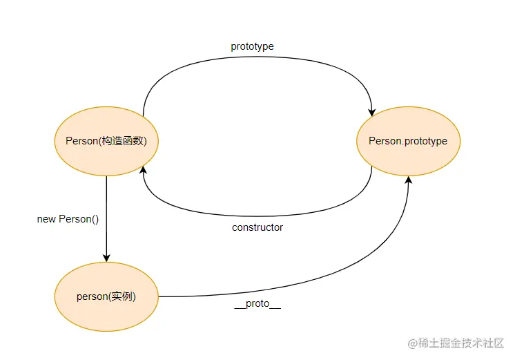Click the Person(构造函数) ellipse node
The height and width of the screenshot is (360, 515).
pos(106,141)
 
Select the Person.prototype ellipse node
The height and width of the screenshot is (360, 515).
pos(407,141)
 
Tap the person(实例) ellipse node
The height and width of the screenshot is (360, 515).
pos(106,296)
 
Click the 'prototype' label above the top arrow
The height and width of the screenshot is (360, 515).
pos(252,46)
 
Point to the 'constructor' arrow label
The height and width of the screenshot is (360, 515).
pos(257,227)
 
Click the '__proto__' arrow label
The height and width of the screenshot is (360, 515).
pos(257,304)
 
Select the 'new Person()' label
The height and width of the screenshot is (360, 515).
pos(68,219)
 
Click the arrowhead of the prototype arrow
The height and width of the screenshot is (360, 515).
pos(372,111)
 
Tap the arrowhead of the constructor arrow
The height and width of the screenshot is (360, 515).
pos(143,170)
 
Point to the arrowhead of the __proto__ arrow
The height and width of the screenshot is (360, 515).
pos(408,180)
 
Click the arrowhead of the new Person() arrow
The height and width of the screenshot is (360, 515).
pos(106,257)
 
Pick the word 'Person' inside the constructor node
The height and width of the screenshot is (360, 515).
pos(81,141)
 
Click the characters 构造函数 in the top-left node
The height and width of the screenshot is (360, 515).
pos(130,141)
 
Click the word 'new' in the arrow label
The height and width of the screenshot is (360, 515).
pos(46,219)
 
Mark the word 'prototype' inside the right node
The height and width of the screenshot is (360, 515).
pos(425,141)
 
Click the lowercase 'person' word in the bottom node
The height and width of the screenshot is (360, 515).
pos(91,296)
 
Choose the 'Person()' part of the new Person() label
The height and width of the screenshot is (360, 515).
pos(79,219)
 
